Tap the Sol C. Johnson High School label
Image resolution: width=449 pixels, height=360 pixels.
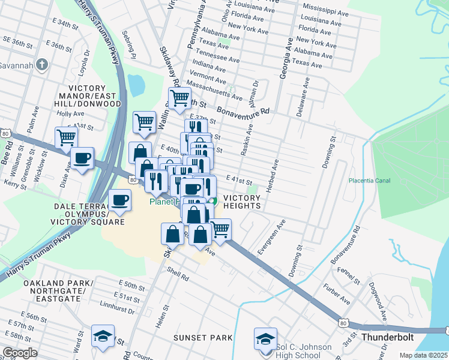(x=304, y=352)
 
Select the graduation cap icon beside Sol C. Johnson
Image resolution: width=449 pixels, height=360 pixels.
(x=265, y=338)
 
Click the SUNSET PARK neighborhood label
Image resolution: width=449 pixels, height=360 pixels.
(x=203, y=338)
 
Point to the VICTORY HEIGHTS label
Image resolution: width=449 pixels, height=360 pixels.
(x=242, y=202)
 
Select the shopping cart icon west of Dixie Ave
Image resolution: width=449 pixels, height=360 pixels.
(x=66, y=137)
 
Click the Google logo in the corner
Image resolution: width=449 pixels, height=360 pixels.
(x=20, y=353)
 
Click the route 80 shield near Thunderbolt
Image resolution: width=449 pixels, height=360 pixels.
(x=343, y=323)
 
